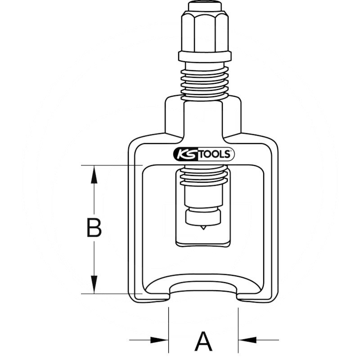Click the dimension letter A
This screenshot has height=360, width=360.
pyautogui.click(x=203, y=341)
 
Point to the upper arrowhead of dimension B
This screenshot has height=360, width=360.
pyautogui.click(x=94, y=174)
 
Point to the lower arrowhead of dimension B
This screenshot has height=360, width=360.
pyautogui.click(x=94, y=284)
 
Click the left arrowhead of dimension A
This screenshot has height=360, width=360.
pyautogui.click(x=159, y=340)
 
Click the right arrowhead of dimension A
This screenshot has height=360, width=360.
pyautogui.click(x=247, y=340)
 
